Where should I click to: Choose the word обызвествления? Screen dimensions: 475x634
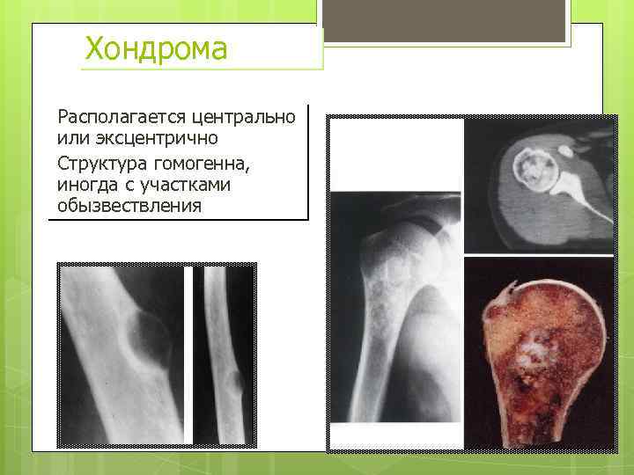coord(129,208)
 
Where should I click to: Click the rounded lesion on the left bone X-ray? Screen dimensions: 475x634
coord(145,339)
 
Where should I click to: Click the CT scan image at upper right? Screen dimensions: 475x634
coord(539,185)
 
